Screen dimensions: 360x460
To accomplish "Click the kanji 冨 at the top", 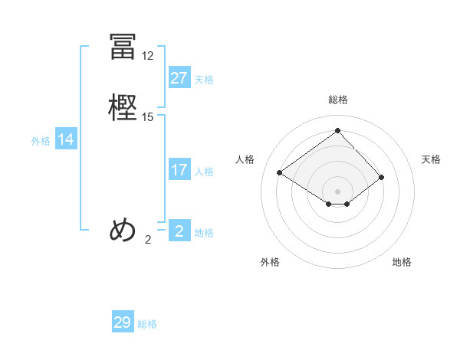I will [x=123, y=47].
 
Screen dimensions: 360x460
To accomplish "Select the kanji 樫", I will [x=123, y=107].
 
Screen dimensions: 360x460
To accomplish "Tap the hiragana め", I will [x=123, y=230].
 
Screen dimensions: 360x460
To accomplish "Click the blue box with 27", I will [x=179, y=78].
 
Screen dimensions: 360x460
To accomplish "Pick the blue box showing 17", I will [x=179, y=170].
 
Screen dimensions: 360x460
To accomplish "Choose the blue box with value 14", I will [x=66, y=139].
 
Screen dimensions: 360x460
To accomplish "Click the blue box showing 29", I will [x=123, y=322].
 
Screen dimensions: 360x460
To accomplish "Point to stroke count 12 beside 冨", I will [x=148, y=56].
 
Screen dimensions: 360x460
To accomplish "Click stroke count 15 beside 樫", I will [x=148, y=117].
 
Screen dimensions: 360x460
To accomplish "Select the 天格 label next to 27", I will [x=204, y=80].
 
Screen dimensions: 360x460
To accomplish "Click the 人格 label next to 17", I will [x=204, y=172].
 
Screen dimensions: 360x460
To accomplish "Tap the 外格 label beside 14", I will [x=41, y=141].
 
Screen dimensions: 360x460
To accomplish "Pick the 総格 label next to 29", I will [x=147, y=324].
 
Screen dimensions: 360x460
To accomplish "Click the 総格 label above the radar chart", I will [x=337, y=100].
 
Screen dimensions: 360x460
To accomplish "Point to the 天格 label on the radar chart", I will [x=432, y=159].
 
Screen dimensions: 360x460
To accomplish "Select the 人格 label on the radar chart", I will [x=245, y=159].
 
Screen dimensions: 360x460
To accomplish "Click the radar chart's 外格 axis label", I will [x=270, y=262].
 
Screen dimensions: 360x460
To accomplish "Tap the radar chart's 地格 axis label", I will [x=402, y=262].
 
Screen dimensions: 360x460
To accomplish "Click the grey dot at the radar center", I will [x=337, y=190].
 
